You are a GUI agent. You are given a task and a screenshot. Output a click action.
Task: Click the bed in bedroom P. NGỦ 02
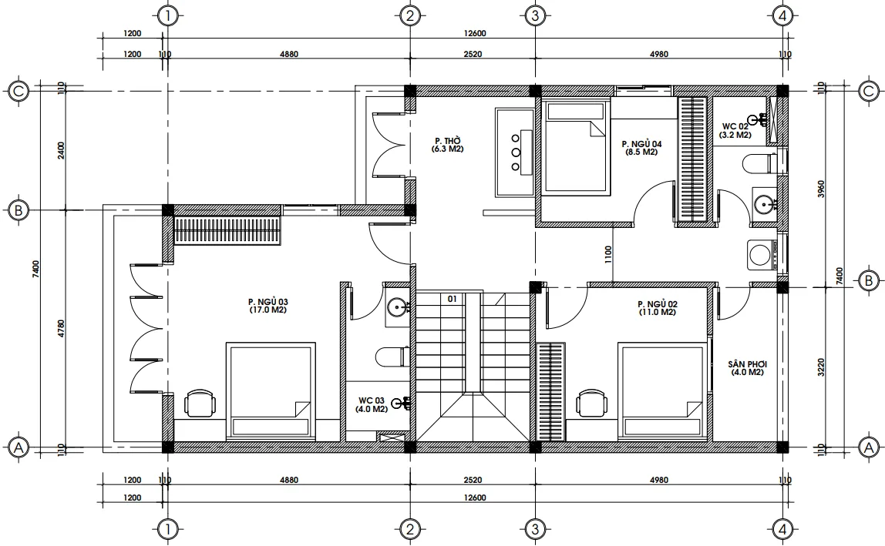[661, 391]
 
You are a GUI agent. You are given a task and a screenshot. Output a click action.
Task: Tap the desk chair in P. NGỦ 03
[200, 404]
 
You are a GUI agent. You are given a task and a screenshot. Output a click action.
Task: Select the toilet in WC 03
[392, 356]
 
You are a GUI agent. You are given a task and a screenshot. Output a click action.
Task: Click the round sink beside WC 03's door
[399, 307]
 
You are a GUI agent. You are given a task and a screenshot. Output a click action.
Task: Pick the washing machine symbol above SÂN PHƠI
[762, 256]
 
